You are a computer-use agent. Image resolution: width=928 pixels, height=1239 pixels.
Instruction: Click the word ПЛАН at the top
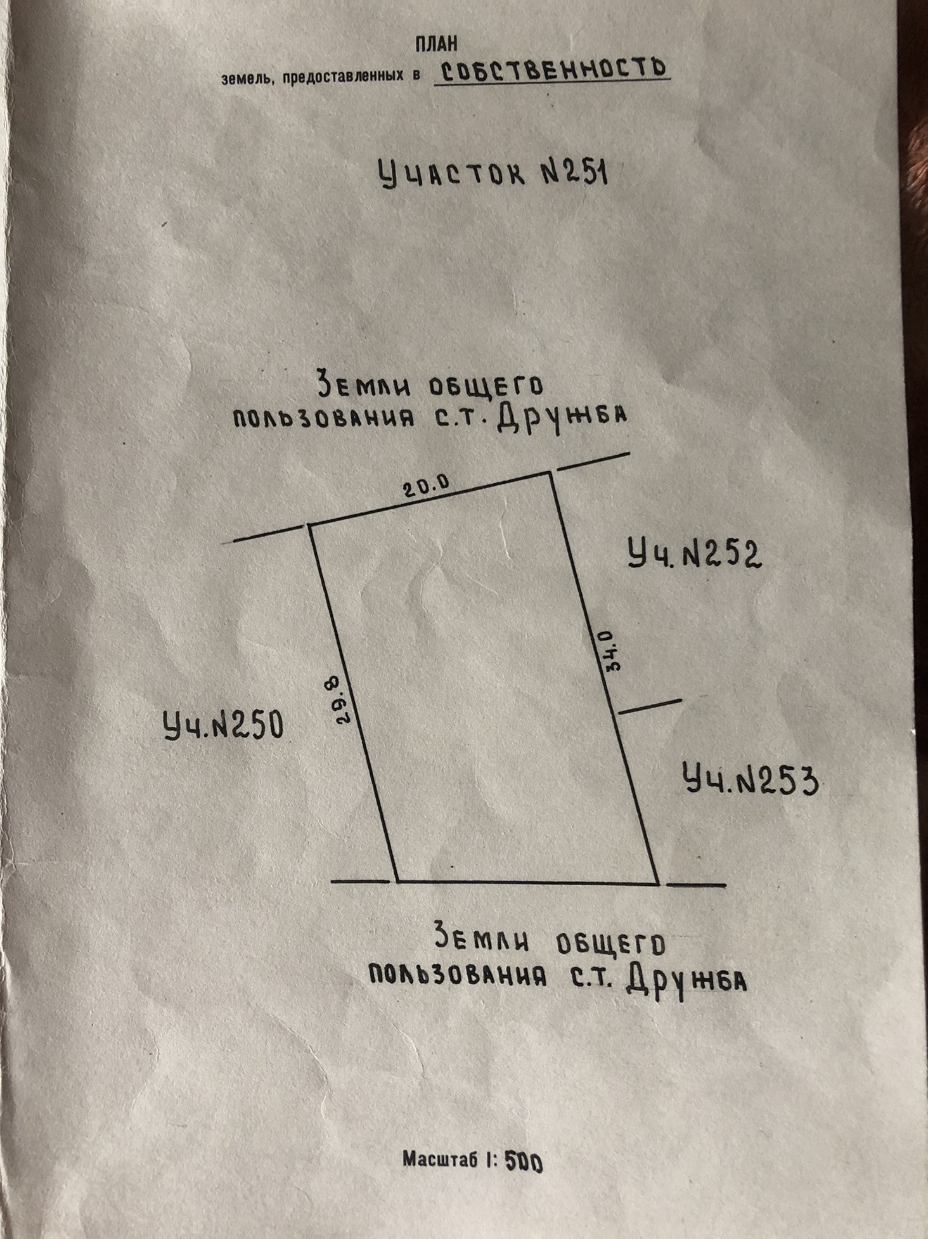pos(436,44)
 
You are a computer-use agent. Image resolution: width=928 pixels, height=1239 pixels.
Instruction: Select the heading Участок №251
pos(493,172)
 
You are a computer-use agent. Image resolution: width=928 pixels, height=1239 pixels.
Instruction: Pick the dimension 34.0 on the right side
pos(604,650)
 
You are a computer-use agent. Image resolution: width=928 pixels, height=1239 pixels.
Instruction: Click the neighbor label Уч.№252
pos(694,554)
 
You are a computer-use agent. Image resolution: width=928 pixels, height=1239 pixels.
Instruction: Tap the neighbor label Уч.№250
pos(223,725)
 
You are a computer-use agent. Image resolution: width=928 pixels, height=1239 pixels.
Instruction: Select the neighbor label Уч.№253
pos(750,779)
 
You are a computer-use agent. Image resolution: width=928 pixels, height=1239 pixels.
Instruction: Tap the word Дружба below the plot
pos(685,983)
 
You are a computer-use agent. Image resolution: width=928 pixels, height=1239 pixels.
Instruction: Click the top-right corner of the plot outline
pos(549,472)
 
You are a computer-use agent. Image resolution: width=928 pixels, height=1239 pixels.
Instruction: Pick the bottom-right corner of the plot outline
pos(658,883)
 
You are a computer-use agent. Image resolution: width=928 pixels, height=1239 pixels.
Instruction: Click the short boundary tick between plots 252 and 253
pos(649,706)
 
